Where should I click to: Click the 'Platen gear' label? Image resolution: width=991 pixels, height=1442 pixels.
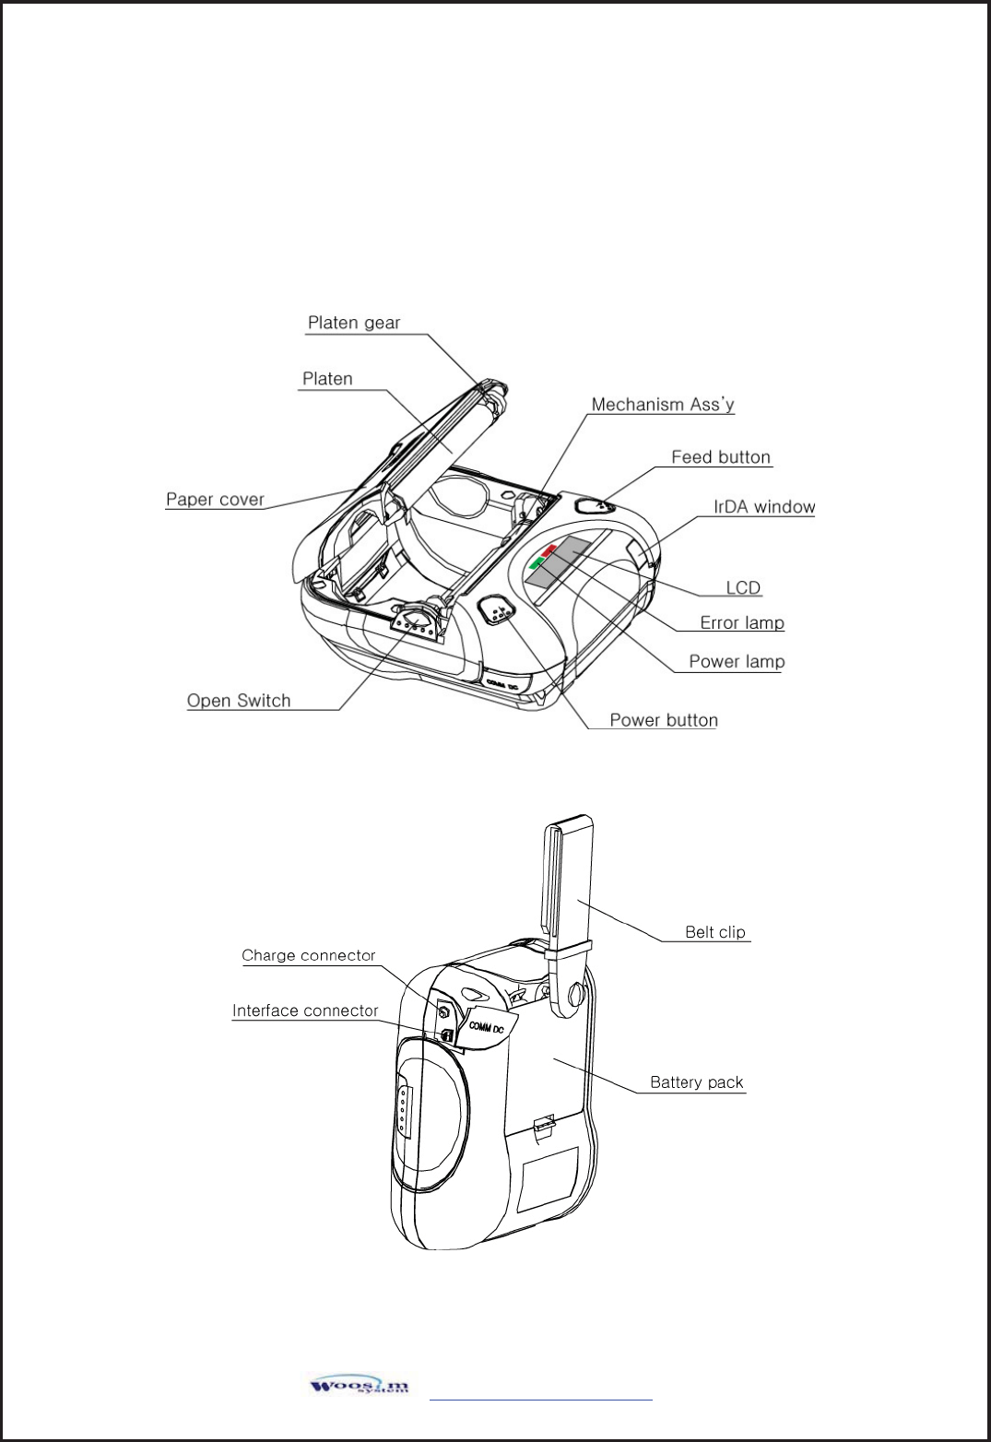click(354, 323)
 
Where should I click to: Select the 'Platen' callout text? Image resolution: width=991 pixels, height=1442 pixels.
click(327, 379)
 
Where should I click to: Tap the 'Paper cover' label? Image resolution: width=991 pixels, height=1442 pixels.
click(215, 500)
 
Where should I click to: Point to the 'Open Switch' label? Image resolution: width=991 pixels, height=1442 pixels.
click(239, 701)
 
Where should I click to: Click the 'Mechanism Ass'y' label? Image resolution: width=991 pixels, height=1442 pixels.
click(662, 405)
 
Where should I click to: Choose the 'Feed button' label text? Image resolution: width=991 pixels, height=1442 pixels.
click(720, 457)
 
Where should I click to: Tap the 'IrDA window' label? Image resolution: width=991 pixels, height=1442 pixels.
click(764, 507)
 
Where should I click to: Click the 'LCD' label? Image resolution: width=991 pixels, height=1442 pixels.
click(743, 588)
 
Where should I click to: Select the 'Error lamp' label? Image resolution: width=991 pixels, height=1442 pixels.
click(741, 623)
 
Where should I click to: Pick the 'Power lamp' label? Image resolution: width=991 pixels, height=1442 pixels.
click(737, 662)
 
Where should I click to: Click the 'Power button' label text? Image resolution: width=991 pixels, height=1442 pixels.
click(664, 721)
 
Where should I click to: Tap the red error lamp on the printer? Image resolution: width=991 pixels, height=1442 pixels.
click(549, 550)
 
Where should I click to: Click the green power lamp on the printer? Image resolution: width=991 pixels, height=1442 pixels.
click(537, 562)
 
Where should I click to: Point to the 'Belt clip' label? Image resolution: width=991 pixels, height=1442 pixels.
click(714, 932)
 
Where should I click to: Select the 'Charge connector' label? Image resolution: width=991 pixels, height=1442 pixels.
click(309, 956)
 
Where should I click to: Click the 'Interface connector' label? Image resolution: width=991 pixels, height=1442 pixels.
click(305, 1011)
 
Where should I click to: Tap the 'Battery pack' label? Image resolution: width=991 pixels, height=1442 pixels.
click(696, 1082)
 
